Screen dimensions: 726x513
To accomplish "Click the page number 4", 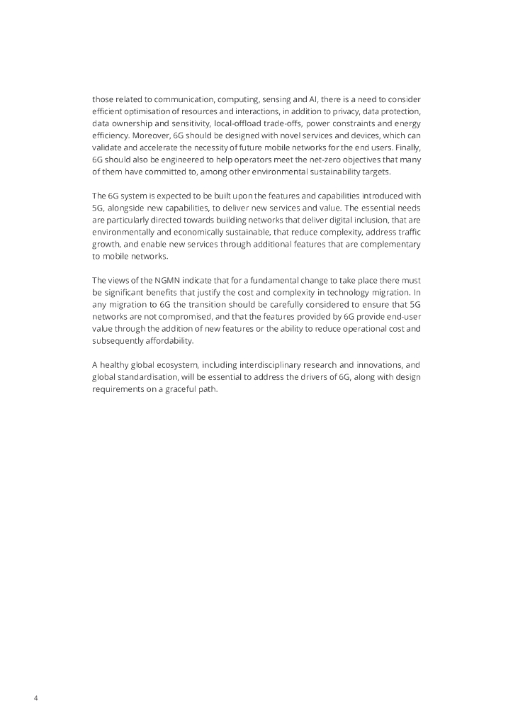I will (x=36, y=698).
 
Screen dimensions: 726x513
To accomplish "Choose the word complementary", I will (x=390, y=245).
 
